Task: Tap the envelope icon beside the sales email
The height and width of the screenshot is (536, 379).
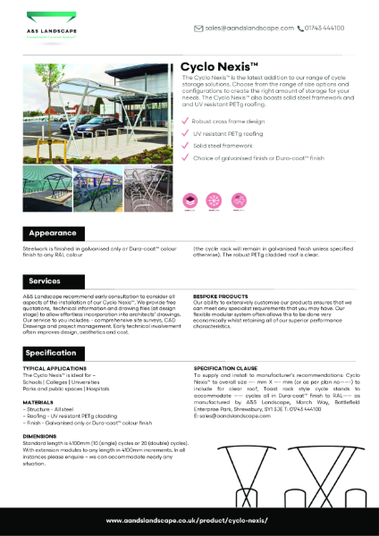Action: pos(198,29)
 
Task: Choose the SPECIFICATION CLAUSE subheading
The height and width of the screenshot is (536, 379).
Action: pos(228,367)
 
